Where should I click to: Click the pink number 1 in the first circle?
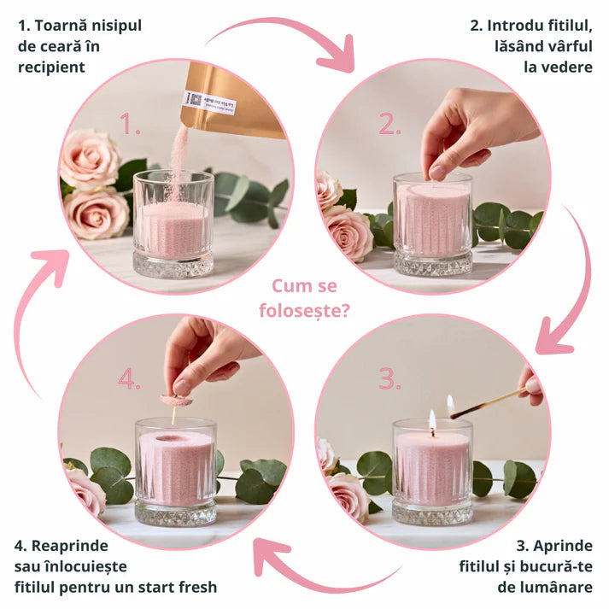pos(130,126)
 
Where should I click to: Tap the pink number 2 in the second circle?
pos(389,126)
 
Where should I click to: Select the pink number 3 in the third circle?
pos(389,378)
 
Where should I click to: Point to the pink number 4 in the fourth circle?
pos(129,378)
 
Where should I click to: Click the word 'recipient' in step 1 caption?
pos(51,67)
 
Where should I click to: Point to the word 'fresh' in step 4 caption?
pos(195,587)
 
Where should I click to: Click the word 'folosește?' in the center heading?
pos(304,309)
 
